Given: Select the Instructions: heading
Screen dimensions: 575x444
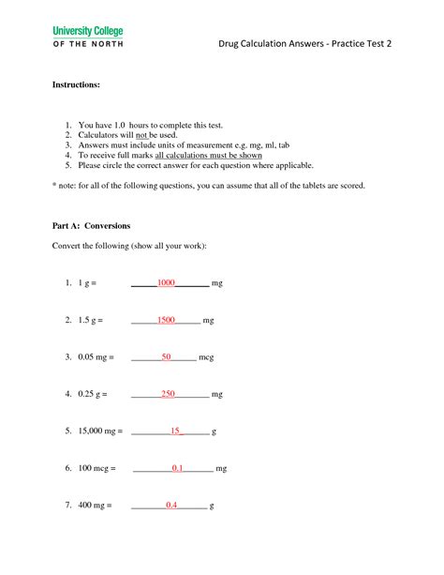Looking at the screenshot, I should (76, 84).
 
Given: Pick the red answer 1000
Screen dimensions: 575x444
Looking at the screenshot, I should (167, 281).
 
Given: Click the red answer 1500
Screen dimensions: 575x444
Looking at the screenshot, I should (167, 319).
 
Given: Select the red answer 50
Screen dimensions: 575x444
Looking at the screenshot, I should (166, 356).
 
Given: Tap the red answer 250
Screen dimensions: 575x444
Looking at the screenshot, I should (169, 394).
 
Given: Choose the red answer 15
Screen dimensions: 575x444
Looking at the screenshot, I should (174, 431).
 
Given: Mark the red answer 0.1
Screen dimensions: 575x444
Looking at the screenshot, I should (177, 467).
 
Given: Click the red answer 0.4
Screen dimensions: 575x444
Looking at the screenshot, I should (171, 505).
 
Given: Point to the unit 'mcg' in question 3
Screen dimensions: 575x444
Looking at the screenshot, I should (207, 357).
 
